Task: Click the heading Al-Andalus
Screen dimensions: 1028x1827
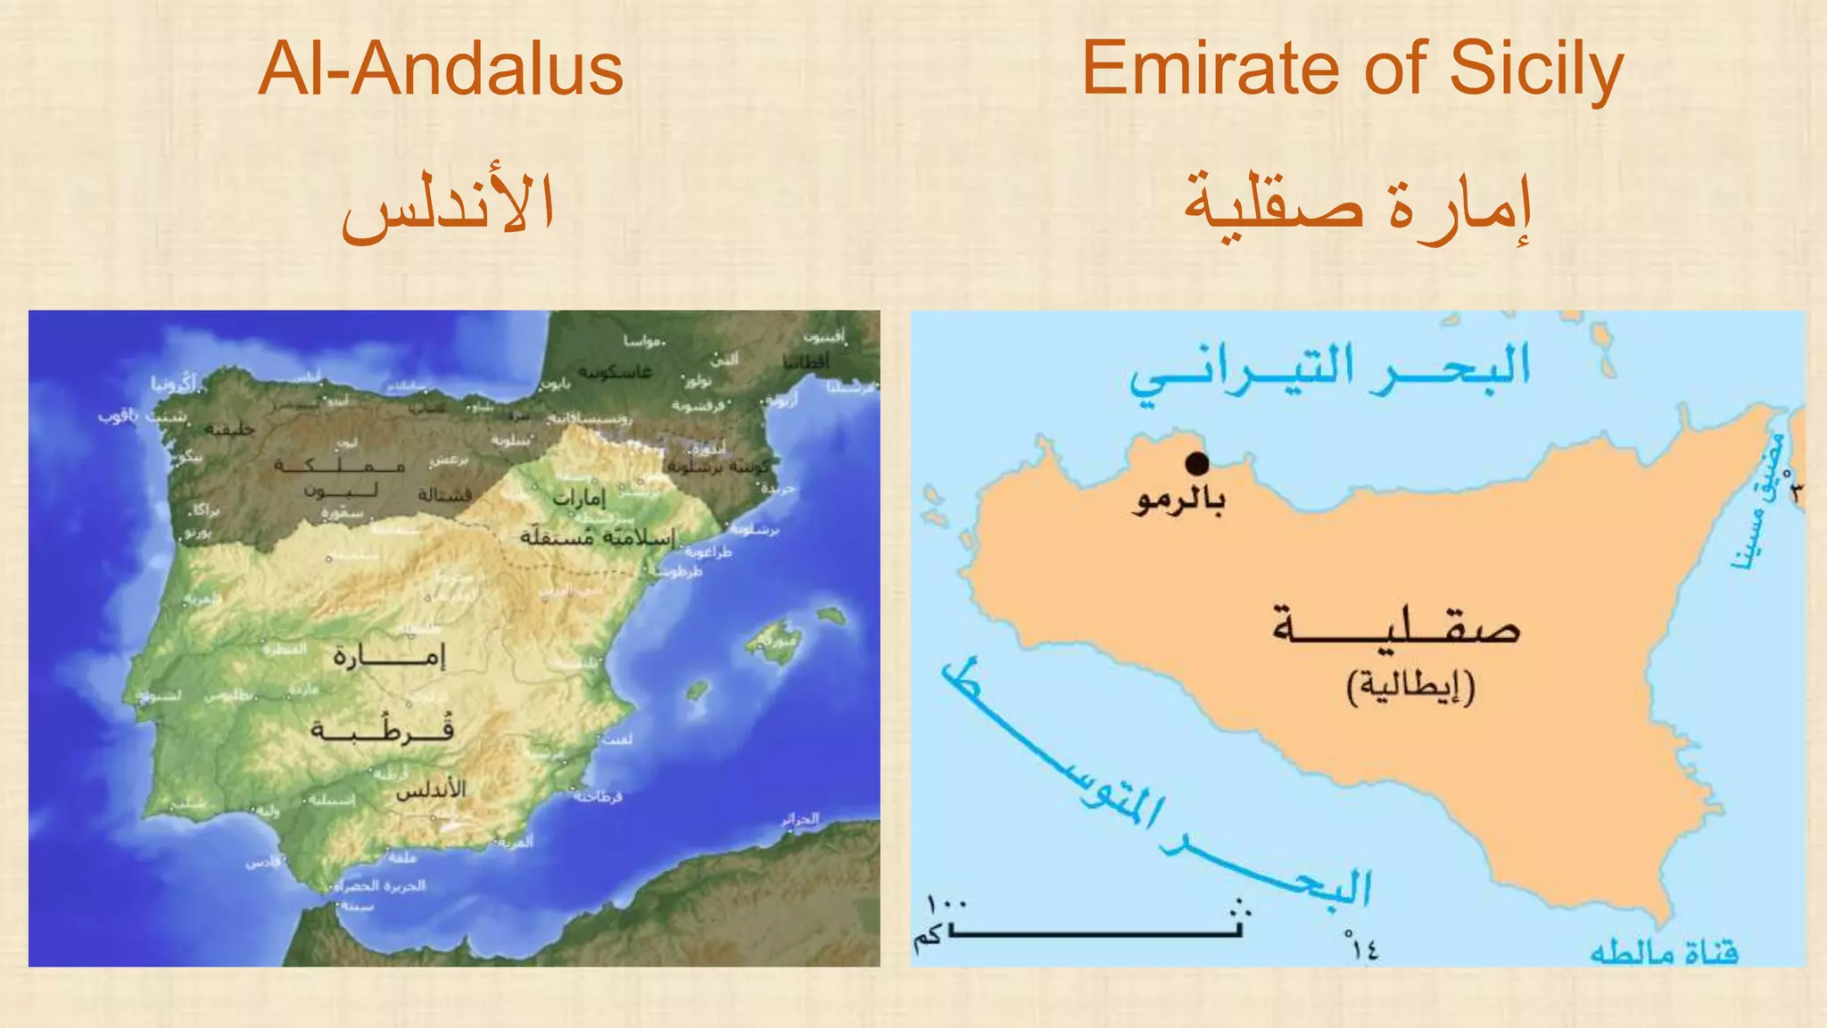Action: [x=441, y=70]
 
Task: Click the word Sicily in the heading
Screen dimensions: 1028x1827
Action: [x=1536, y=70]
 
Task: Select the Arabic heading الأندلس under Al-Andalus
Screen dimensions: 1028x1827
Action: [x=448, y=205]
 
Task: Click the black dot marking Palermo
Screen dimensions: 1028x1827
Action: [x=1197, y=463]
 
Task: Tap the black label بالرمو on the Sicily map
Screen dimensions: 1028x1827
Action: [x=1180, y=500]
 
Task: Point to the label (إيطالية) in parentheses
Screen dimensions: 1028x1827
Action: [x=1410, y=686]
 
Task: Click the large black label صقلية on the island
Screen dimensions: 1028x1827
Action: [x=1396, y=627]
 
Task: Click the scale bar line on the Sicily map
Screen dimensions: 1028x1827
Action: [x=1095, y=933]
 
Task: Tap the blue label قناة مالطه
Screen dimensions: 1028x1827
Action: [x=1664, y=953]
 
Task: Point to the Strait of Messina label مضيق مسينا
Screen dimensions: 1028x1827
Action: [x=1759, y=504]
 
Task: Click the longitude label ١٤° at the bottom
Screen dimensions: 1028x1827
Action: [x=1362, y=947]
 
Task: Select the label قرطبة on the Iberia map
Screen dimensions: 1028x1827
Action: [x=382, y=729]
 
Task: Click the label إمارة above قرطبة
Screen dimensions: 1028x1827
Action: [x=388, y=658]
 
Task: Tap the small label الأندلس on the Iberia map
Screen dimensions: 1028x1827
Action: [x=431, y=790]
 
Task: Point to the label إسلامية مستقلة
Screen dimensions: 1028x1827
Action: [x=598, y=537]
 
